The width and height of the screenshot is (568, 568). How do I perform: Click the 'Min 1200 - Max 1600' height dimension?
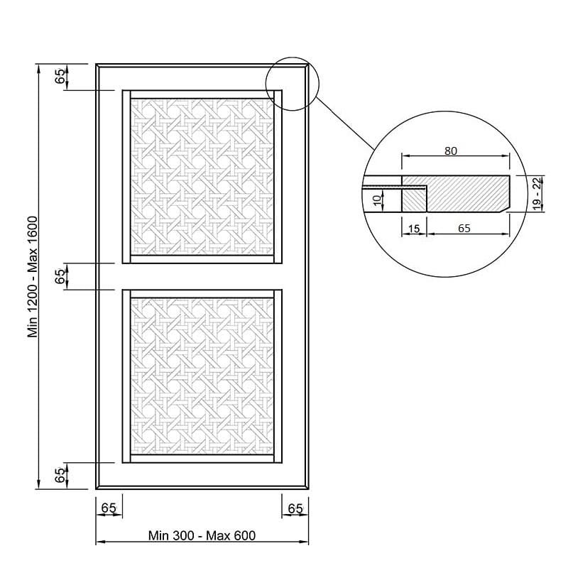tap(33, 277)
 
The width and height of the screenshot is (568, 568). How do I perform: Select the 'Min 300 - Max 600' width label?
tap(202, 535)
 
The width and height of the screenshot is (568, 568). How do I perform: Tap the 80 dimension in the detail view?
tap(451, 151)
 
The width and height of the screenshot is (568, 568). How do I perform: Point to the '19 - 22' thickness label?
tap(537, 193)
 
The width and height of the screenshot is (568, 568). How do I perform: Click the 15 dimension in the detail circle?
tap(414, 229)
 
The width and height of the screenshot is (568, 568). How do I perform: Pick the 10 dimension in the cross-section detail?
tap(377, 200)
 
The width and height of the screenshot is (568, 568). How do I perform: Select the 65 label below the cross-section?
tap(464, 228)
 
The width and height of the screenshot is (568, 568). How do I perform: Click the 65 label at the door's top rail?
tap(60, 77)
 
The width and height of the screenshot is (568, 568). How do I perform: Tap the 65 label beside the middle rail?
tap(60, 276)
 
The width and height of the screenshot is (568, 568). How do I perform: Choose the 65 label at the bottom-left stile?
tap(109, 508)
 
